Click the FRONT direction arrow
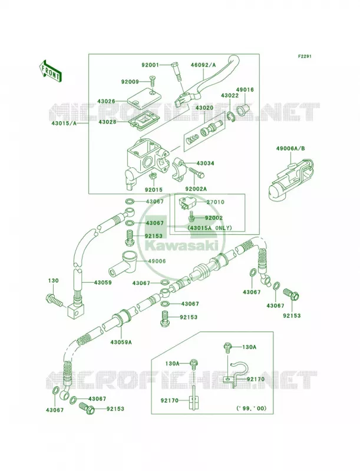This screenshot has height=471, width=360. pos(50,71)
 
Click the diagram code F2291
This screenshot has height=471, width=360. pos(305,56)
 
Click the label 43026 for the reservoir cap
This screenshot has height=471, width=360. pos(106,101)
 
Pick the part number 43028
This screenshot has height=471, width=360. pos(106,122)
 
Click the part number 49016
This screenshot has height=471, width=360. pos(245,89)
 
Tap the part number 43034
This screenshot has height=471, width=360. pos(205,164)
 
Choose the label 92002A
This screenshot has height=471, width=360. pos(196,189)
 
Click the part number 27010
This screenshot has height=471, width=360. pos(215,202)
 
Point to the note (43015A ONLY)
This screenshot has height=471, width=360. pos(210,228)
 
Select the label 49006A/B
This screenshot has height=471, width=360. pos(290,148)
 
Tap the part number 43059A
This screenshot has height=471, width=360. pos(121,342)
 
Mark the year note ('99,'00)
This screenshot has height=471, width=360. pos(251,408)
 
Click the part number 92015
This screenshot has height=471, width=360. pos(153,190)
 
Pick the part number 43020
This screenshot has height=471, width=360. pos(204,108)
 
